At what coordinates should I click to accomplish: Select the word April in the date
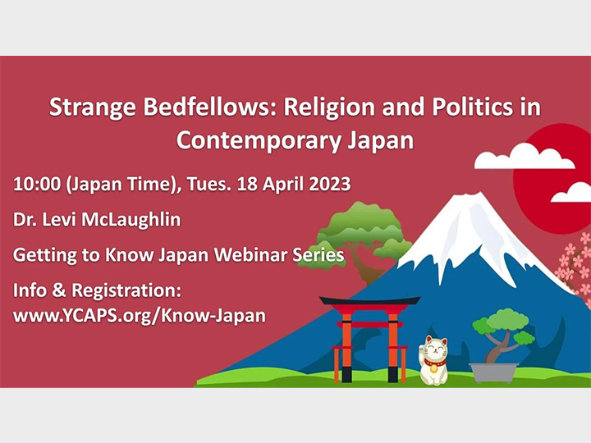tap(286, 184)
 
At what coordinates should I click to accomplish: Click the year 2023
tap(331, 184)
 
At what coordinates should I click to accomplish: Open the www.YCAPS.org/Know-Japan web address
tap(139, 315)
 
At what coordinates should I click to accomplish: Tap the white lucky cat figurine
tap(434, 361)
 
